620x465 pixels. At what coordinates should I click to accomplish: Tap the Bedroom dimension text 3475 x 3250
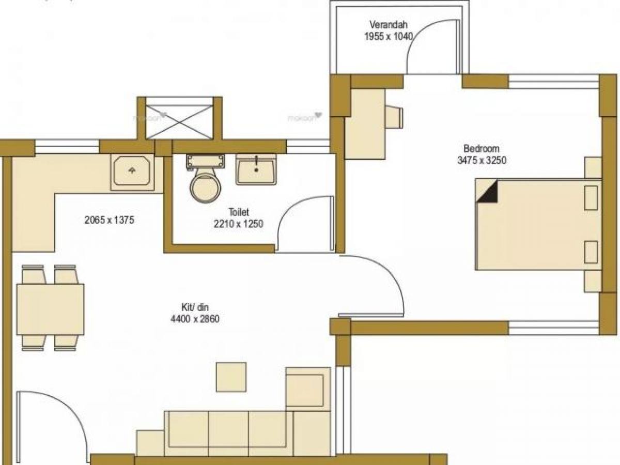coord(481,160)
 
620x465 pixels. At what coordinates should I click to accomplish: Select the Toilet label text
coord(239,212)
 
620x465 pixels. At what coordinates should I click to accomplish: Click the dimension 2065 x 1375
coord(109,220)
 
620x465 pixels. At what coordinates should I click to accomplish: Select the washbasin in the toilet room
coord(256,169)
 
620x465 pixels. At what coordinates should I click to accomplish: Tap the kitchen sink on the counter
coord(132,172)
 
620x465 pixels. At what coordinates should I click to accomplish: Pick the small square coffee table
coord(231,377)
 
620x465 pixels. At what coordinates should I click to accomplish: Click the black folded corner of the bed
coord(487,191)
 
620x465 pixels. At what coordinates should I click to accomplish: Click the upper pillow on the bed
coord(591,198)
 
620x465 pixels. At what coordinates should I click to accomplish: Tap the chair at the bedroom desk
coord(395,117)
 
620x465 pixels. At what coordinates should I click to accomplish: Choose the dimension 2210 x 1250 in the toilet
coord(239,224)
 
